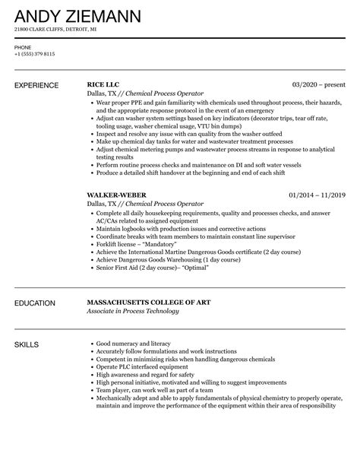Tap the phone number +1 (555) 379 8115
click(34, 54)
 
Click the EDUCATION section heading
click(36, 303)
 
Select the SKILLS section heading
click(27, 345)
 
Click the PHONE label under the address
click(23, 47)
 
